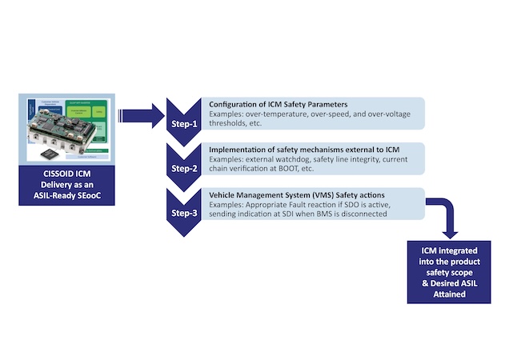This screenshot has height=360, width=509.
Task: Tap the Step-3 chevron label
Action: [x=186, y=214]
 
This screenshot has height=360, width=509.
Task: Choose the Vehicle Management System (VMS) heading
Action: [x=287, y=194]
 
